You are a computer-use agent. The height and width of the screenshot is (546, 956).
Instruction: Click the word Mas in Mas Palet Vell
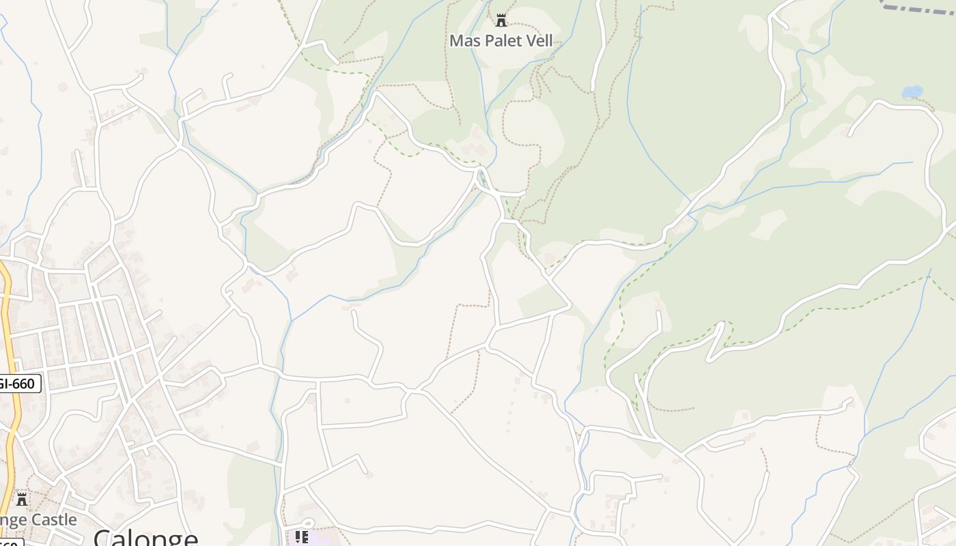tap(464, 41)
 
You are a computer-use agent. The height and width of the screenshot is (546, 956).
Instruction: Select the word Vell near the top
tap(538, 41)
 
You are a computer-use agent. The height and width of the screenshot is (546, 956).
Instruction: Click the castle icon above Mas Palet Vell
tap(501, 20)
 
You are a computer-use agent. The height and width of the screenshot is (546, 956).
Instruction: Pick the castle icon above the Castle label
tap(22, 500)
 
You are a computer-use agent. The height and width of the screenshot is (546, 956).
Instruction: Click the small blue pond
tap(912, 91)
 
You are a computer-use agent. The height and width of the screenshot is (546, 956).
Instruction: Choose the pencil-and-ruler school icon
tap(301, 537)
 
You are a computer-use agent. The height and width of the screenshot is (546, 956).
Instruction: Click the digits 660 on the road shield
tap(23, 384)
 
